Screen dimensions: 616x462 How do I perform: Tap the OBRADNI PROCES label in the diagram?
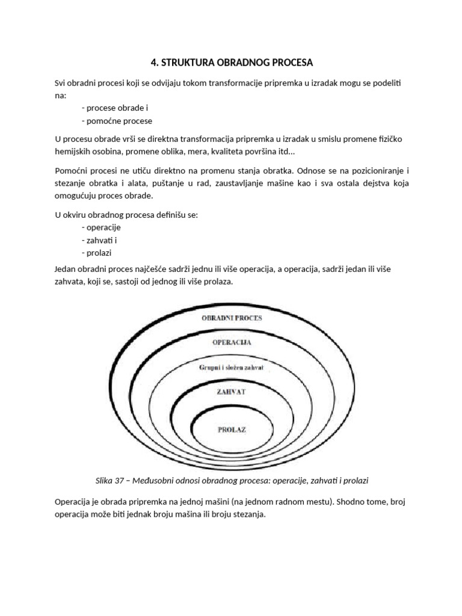point(232,318)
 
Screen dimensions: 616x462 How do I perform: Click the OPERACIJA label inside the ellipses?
point(232,342)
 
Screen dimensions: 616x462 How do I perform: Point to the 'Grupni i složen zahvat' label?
point(232,366)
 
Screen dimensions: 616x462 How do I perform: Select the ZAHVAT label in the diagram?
point(232,391)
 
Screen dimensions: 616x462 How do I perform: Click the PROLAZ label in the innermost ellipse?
point(232,430)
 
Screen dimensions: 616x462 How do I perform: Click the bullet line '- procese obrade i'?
point(114,108)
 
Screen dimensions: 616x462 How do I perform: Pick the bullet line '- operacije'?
point(101,227)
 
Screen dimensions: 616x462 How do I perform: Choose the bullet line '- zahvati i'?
point(100,240)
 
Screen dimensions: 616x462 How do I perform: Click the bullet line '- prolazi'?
point(99,253)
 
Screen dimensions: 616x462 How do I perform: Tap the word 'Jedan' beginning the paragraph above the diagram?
point(66,268)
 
